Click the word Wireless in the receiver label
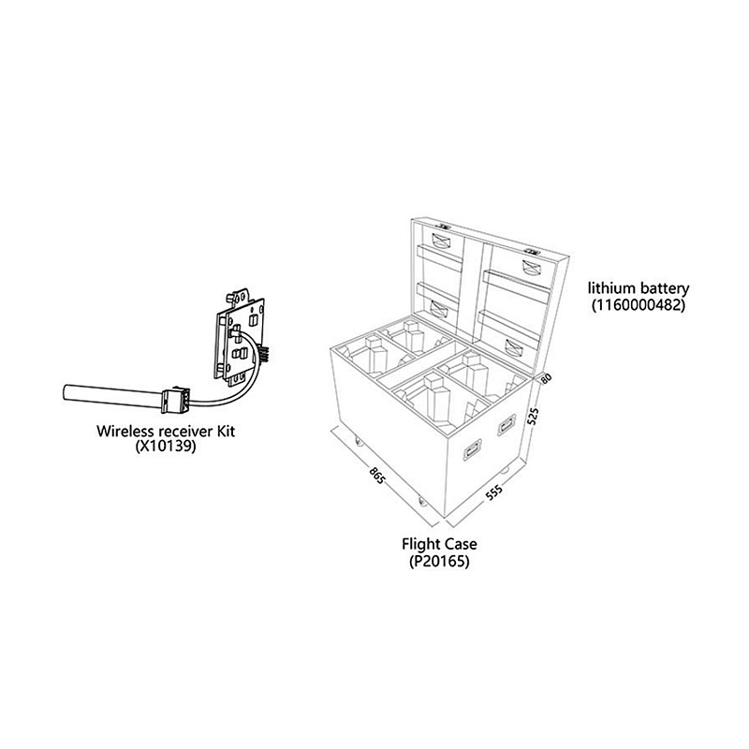click(125, 431)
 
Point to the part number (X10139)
click(166, 447)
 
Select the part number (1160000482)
click(639, 304)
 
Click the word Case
click(461, 544)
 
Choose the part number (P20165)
click(439, 560)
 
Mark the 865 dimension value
click(377, 476)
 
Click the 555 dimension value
click(494, 492)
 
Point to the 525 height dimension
click(535, 416)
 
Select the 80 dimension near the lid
click(546, 378)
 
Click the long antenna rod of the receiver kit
click(113, 396)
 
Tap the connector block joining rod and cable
click(175, 400)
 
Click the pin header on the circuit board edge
click(264, 354)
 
